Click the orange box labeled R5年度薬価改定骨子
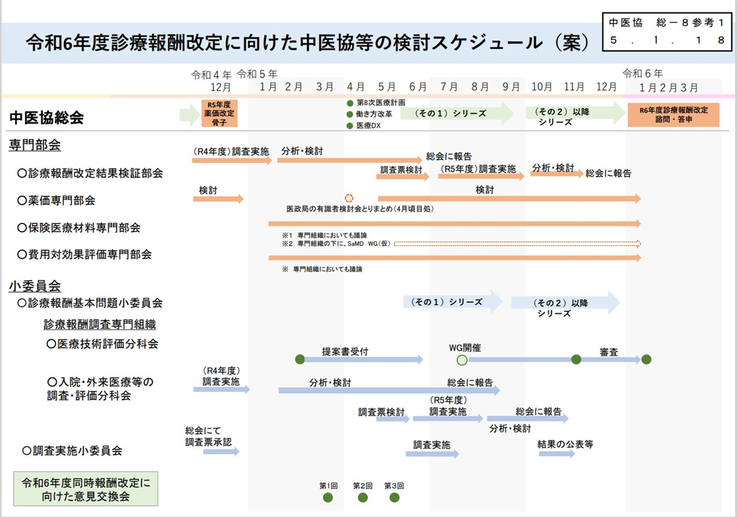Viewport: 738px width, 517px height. pos(219,113)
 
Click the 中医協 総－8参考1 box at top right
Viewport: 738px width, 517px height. pos(667,31)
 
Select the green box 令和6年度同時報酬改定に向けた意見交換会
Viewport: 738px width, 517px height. pos(86,489)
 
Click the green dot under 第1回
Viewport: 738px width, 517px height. pos(328,497)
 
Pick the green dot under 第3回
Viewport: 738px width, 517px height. pos(394,497)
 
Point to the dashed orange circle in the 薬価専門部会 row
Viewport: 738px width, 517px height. pos(349,198)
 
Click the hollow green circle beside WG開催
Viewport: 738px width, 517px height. pos(462,360)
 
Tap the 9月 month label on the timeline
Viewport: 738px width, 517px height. pos(511,87)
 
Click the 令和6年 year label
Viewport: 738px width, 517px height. pos(642,73)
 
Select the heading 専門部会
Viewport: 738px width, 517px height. pos(35,145)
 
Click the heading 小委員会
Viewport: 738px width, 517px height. pos(35,286)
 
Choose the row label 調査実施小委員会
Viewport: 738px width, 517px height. pos(72,450)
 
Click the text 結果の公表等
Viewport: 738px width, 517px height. pos(565,445)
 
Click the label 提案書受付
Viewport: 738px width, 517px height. pos(345,351)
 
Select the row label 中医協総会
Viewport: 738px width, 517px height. pos(47,117)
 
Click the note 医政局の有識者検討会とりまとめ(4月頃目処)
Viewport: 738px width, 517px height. pos(359,209)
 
